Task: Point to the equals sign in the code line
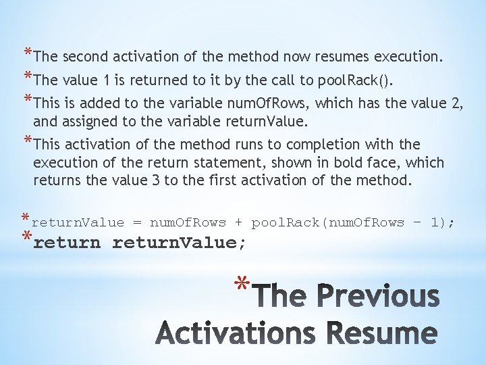pyautogui.click(x=137, y=222)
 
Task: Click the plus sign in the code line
pyautogui.click(x=238, y=222)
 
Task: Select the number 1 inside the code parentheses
pyautogui.click(x=435, y=222)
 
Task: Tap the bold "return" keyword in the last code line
pyautogui.click(x=66, y=243)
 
